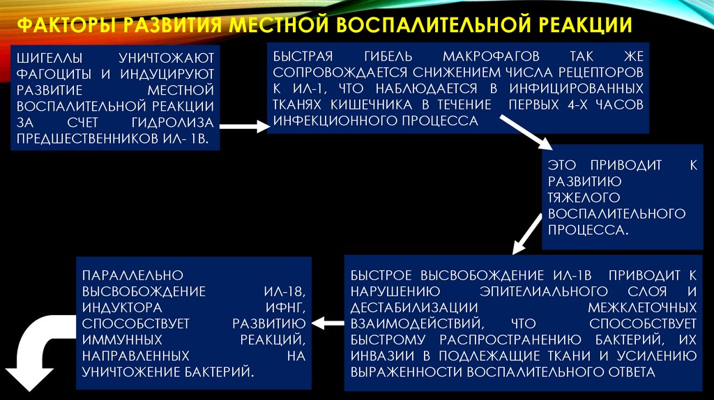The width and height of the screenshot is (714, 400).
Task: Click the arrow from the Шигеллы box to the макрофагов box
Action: (x=243, y=127)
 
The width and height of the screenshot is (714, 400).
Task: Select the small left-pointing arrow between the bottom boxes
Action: (x=327, y=323)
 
